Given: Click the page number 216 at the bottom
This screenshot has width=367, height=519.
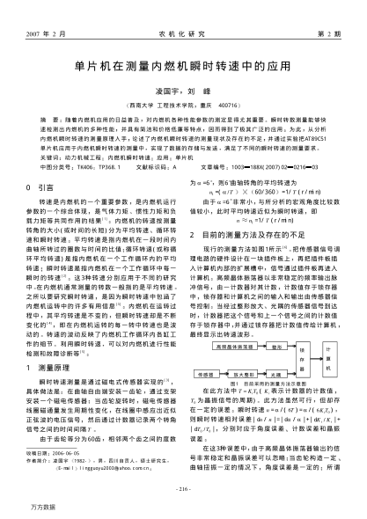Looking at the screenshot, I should coord(183,489).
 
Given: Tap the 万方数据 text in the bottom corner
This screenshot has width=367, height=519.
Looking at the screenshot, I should coord(39,509).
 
